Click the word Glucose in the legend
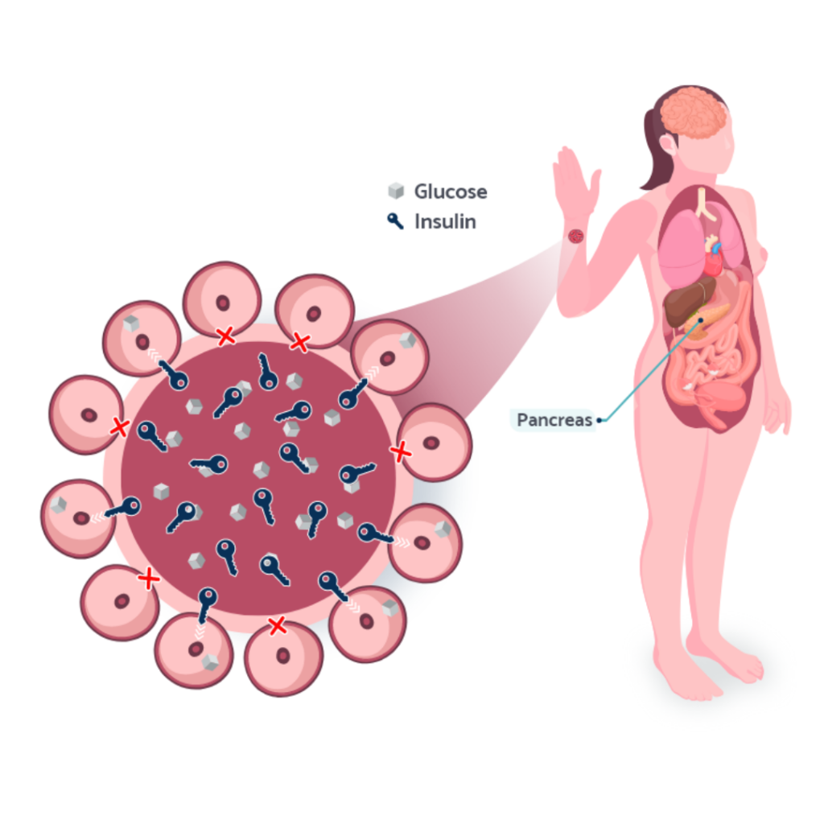tap(451, 192)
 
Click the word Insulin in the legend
tap(445, 222)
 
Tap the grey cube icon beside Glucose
tap(396, 191)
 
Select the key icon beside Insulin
tap(395, 220)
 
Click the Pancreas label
tap(554, 420)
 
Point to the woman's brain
tap(693, 113)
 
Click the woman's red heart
tap(714, 259)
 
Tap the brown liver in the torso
tap(689, 302)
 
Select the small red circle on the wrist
tap(576, 236)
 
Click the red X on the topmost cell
tap(226, 336)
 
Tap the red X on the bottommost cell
tap(277, 625)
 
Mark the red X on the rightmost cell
tap(401, 451)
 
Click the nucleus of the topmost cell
tap(223, 303)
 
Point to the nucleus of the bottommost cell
tap(283, 655)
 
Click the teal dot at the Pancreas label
tap(599, 420)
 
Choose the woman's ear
tap(669, 144)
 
